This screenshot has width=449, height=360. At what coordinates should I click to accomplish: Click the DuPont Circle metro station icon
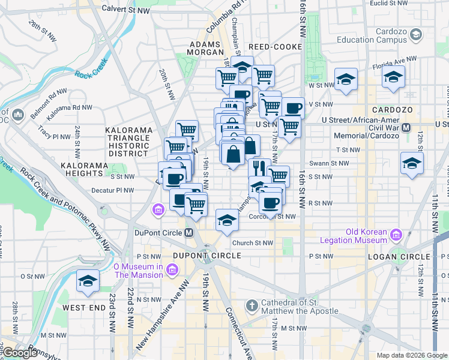point(188,233)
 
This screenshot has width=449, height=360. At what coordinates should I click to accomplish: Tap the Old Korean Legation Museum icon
point(396,233)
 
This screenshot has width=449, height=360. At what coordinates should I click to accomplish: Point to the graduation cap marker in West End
point(88,281)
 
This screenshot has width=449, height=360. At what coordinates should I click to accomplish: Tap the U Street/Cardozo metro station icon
point(406,127)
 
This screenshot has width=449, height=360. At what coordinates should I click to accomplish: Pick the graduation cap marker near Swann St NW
point(411,164)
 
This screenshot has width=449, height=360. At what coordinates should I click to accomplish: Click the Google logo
point(20,353)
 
